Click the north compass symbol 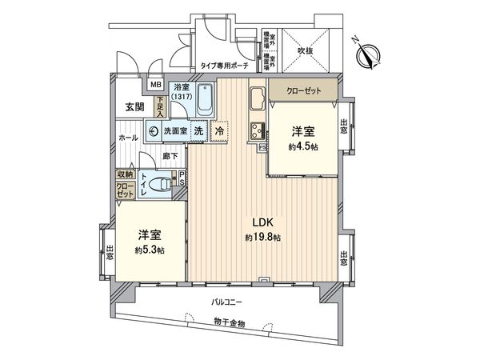(x=369, y=52)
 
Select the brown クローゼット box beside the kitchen (x=301, y=91)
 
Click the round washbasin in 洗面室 (x=152, y=130)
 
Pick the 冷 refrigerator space (x=219, y=130)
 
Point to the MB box (x=155, y=84)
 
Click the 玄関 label (x=134, y=106)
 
